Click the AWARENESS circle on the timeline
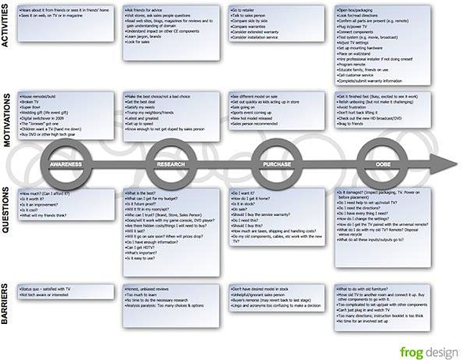(x=66, y=164)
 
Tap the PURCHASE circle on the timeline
(x=276, y=164)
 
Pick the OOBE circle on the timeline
(x=382, y=164)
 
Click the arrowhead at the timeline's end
(x=450, y=164)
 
